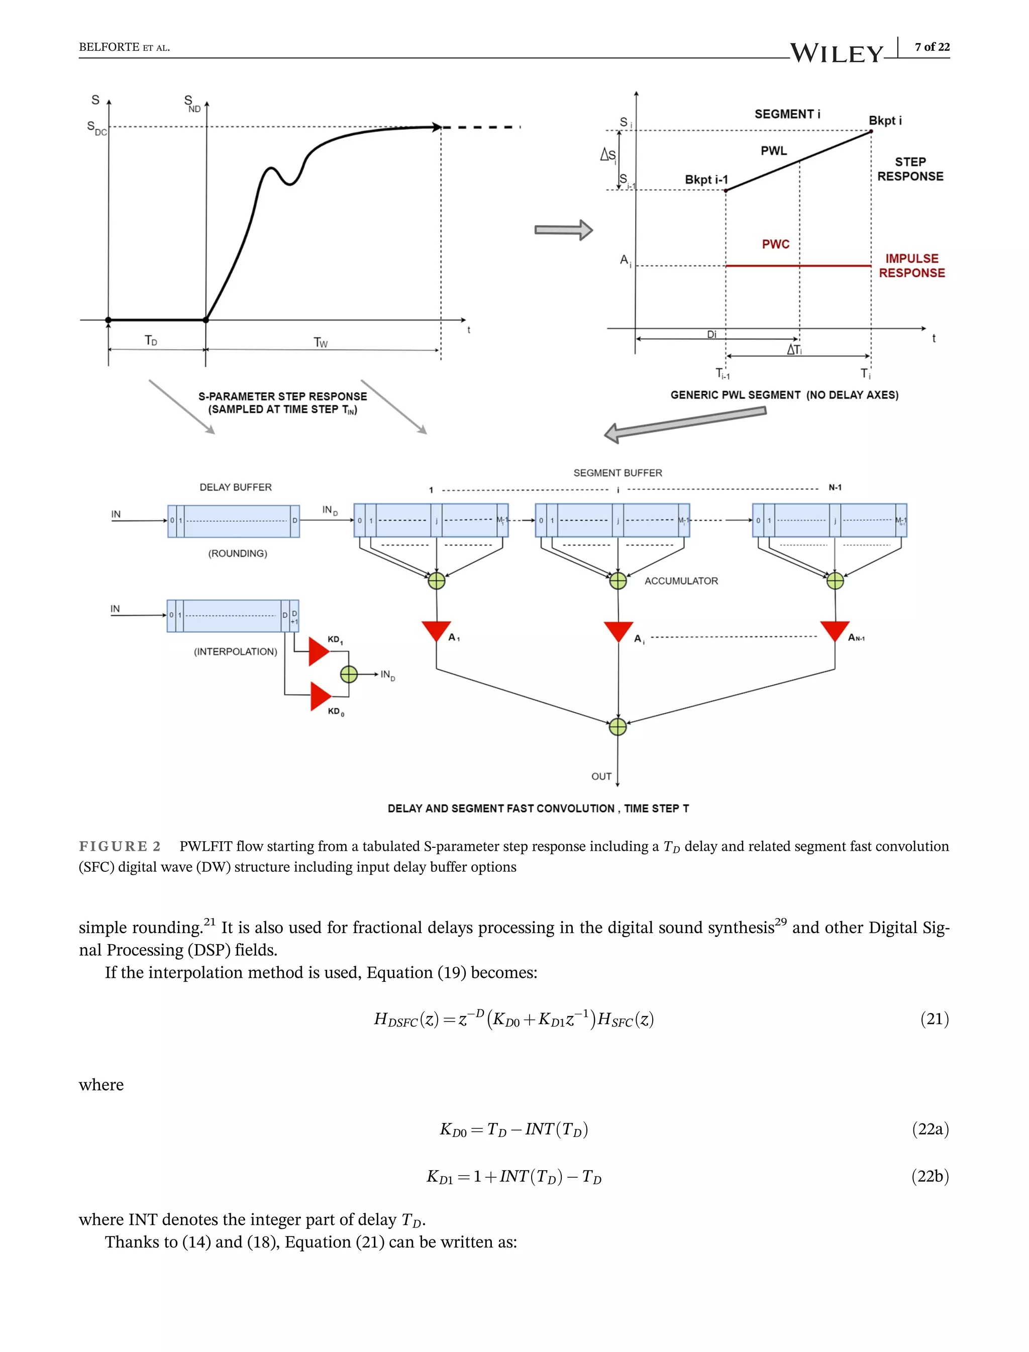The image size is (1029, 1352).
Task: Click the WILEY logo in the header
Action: (x=836, y=53)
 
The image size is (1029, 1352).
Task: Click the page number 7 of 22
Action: (x=932, y=47)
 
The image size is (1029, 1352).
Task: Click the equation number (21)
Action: (x=934, y=1019)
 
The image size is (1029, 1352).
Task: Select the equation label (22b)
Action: (x=930, y=1176)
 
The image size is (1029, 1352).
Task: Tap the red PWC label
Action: (x=775, y=244)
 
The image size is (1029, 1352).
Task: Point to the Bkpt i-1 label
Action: (x=706, y=179)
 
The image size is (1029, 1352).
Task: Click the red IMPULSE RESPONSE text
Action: (x=911, y=266)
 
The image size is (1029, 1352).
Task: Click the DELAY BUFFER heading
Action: (x=235, y=487)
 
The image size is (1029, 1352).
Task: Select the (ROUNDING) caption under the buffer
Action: (x=238, y=553)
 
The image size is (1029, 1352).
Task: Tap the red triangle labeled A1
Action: (x=436, y=629)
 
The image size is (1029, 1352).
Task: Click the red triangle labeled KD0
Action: (x=320, y=696)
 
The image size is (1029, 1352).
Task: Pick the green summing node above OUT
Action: (x=618, y=727)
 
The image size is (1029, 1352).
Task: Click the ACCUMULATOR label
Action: (x=681, y=581)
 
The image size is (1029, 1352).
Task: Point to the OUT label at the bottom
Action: (x=601, y=776)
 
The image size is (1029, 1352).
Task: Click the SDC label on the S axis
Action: (x=96, y=128)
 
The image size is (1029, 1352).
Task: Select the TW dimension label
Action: (x=321, y=343)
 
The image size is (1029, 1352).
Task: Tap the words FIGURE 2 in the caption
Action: (x=120, y=846)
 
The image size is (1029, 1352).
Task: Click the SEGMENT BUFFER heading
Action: (x=618, y=473)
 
